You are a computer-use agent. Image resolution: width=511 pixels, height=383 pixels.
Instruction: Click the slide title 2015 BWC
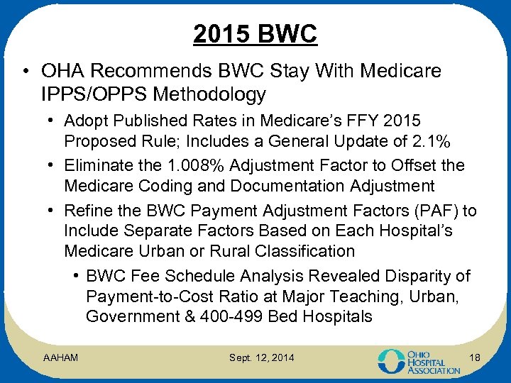click(x=255, y=33)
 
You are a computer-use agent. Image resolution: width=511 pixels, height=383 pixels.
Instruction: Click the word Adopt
click(x=84, y=122)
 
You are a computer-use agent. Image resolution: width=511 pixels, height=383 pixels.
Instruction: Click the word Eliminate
click(x=97, y=165)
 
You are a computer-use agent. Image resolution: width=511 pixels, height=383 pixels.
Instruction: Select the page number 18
click(x=475, y=358)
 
